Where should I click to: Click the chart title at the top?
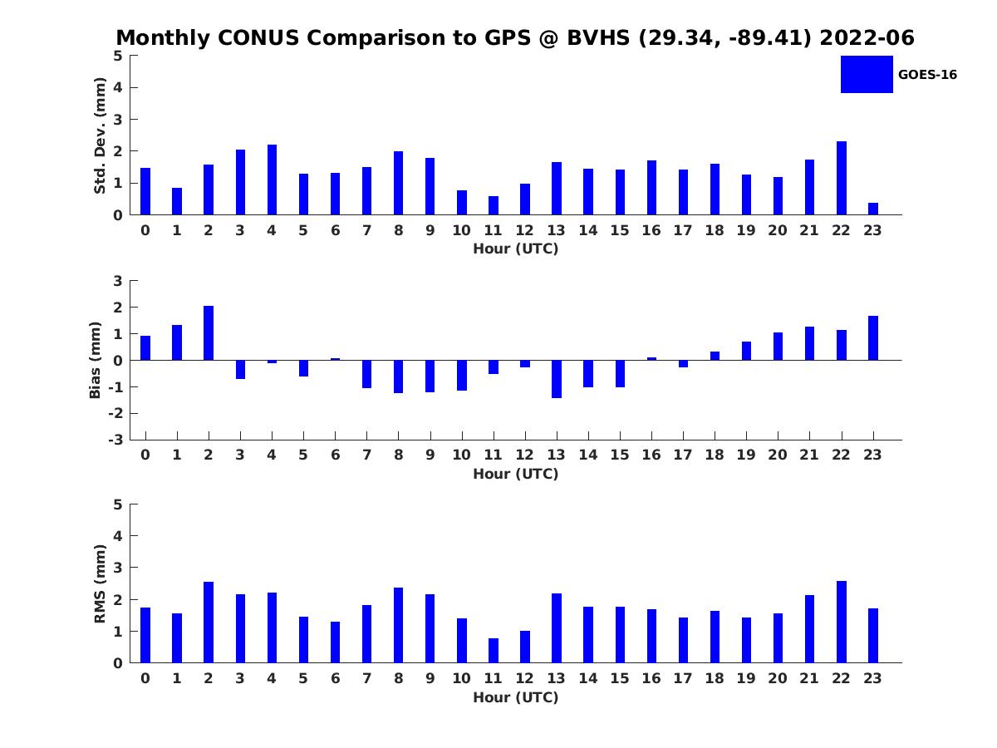[515, 38]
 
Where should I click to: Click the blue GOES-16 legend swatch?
[867, 74]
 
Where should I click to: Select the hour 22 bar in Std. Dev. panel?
[842, 178]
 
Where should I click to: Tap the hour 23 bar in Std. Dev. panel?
[873, 209]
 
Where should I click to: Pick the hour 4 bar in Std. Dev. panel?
[272, 180]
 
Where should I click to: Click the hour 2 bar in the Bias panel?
[209, 333]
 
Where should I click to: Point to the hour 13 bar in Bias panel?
[557, 379]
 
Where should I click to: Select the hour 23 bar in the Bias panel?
[873, 338]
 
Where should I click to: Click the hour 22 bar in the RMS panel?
[842, 622]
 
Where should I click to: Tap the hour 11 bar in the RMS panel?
[494, 650]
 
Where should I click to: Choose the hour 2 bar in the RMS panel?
[209, 623]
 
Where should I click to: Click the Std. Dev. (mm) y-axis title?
[101, 135]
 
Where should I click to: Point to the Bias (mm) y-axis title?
[96, 360]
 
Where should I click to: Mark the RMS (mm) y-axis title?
[101, 583]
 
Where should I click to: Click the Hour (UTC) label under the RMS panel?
[515, 697]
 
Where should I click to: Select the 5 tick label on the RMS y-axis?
[118, 504]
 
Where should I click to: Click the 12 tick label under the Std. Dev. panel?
[525, 230]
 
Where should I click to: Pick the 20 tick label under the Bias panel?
[778, 455]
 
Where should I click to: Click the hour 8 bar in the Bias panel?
[399, 376]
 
